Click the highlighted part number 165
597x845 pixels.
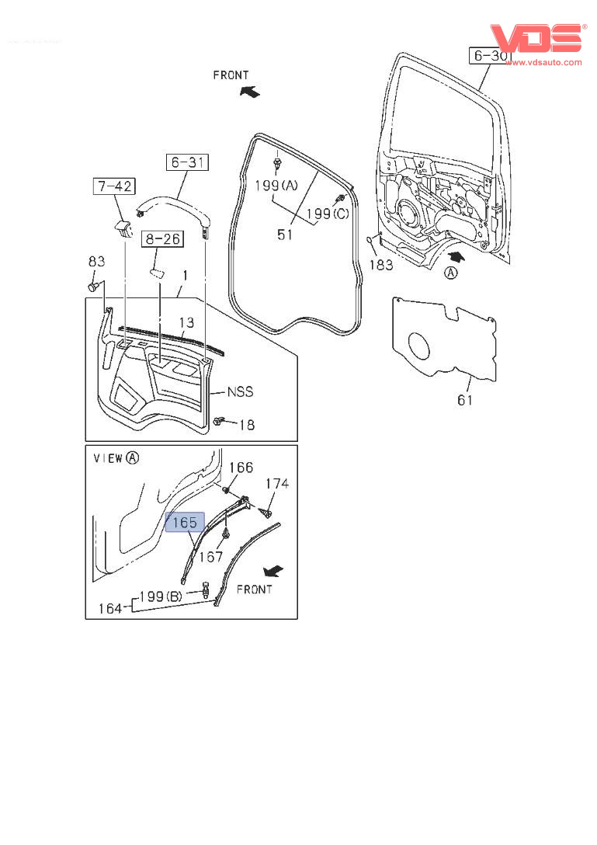tap(185, 523)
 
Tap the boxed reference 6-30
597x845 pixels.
tap(490, 56)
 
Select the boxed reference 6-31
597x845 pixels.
tap(187, 162)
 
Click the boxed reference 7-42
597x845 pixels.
tap(113, 186)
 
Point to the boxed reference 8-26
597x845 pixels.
tap(161, 239)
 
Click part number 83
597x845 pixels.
tap(95, 262)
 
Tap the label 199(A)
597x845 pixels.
tap(277, 185)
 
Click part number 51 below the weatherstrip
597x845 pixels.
tap(285, 234)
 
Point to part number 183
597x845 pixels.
tap(380, 265)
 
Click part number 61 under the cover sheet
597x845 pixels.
tap(464, 399)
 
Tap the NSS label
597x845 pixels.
tap(240, 392)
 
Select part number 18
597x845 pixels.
tap(246, 425)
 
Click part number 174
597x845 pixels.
tap(277, 484)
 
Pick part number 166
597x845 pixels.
tap(241, 468)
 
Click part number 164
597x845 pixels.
tap(109, 609)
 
